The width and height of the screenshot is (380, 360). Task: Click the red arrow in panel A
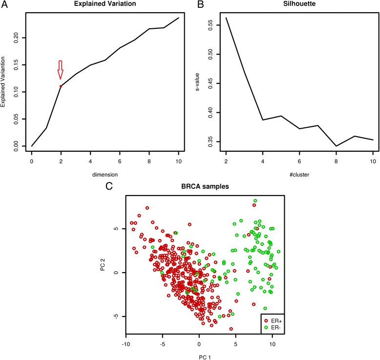tap(61, 70)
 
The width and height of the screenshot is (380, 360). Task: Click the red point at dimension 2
tap(61, 86)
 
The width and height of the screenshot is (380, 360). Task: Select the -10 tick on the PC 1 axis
tap(126, 350)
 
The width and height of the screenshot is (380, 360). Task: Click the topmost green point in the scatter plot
tap(255, 201)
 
